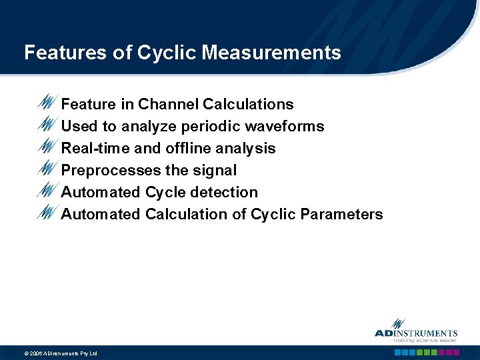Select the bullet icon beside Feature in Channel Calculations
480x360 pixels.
coord(48,103)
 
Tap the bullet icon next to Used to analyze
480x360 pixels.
coord(48,125)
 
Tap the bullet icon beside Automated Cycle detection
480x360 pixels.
coord(48,191)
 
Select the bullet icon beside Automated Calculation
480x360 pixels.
coord(48,213)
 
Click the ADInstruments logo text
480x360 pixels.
coord(416,333)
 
